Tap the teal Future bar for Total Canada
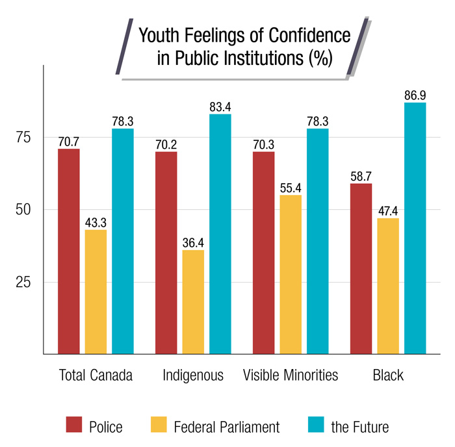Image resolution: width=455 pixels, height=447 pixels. pos(122,241)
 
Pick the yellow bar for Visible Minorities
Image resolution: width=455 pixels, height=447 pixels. pos(291,274)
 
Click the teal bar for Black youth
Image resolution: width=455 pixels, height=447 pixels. pos(415,228)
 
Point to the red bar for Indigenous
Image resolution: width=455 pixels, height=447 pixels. pos(166,253)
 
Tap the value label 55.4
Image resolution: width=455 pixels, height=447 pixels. pos(291,188)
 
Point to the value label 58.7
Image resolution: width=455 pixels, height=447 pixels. pos(361,177)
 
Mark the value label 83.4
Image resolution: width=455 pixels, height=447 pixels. pos(220,107)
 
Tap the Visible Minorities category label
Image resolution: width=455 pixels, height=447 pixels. pos(291,376)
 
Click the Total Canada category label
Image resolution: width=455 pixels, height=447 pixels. pos(96,376)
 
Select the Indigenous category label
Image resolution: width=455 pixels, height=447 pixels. pos(193,376)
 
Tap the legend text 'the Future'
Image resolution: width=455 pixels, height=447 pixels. pos(359,427)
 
